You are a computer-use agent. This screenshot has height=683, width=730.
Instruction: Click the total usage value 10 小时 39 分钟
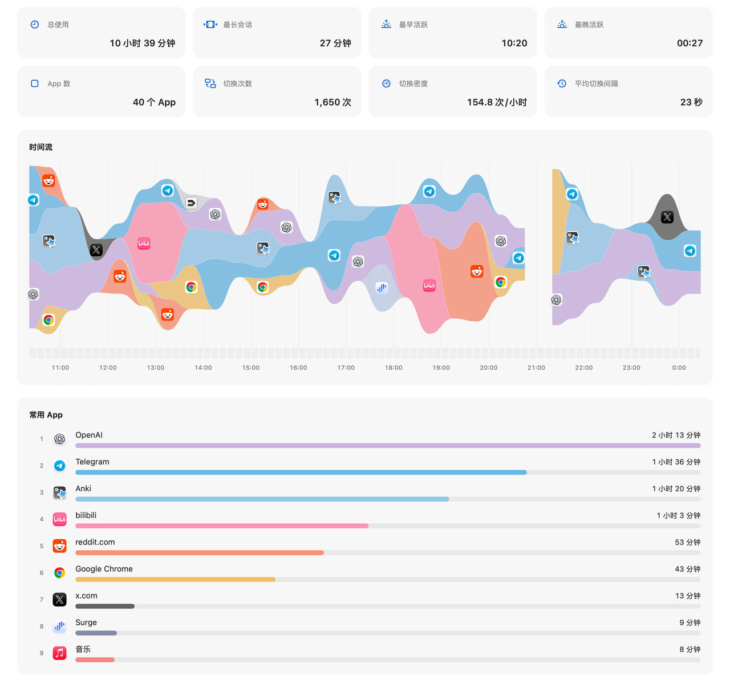pyautogui.click(x=142, y=43)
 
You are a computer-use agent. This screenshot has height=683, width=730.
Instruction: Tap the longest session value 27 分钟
pyautogui.click(x=335, y=43)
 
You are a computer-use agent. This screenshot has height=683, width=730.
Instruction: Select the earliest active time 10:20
pyautogui.click(x=514, y=43)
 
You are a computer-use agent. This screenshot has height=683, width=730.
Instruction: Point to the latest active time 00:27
pyautogui.click(x=690, y=43)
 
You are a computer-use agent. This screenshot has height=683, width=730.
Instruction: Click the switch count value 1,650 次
pyautogui.click(x=332, y=102)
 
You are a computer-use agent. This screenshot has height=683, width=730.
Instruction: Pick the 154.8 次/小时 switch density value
pyautogui.click(x=497, y=102)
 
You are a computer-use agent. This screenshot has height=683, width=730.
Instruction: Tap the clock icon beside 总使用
pyautogui.click(x=35, y=25)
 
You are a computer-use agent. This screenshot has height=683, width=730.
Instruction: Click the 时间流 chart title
pyautogui.click(x=41, y=147)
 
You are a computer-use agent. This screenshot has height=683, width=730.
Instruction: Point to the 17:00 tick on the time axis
pyautogui.click(x=346, y=367)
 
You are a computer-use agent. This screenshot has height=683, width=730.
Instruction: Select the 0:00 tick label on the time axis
pyautogui.click(x=679, y=367)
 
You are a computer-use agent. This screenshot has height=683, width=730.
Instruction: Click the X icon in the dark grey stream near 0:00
pyautogui.click(x=667, y=217)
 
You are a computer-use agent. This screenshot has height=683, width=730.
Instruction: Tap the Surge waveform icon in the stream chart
pyautogui.click(x=382, y=288)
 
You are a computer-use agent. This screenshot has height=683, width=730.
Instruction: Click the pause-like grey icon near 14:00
pyautogui.click(x=191, y=203)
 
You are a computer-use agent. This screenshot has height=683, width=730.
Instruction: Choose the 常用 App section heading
pyautogui.click(x=46, y=414)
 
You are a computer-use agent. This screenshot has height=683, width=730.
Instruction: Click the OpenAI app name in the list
pyautogui.click(x=89, y=435)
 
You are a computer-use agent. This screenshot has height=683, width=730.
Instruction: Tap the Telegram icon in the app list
pyautogui.click(x=59, y=465)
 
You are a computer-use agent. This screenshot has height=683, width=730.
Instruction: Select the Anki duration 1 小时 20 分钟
pyautogui.click(x=676, y=488)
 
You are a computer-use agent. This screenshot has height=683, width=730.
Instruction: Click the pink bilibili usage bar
pyautogui.click(x=222, y=526)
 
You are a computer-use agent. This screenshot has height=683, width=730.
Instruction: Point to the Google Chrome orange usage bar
pyautogui.click(x=175, y=579)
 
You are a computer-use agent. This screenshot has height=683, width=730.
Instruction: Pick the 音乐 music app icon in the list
pyautogui.click(x=59, y=653)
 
